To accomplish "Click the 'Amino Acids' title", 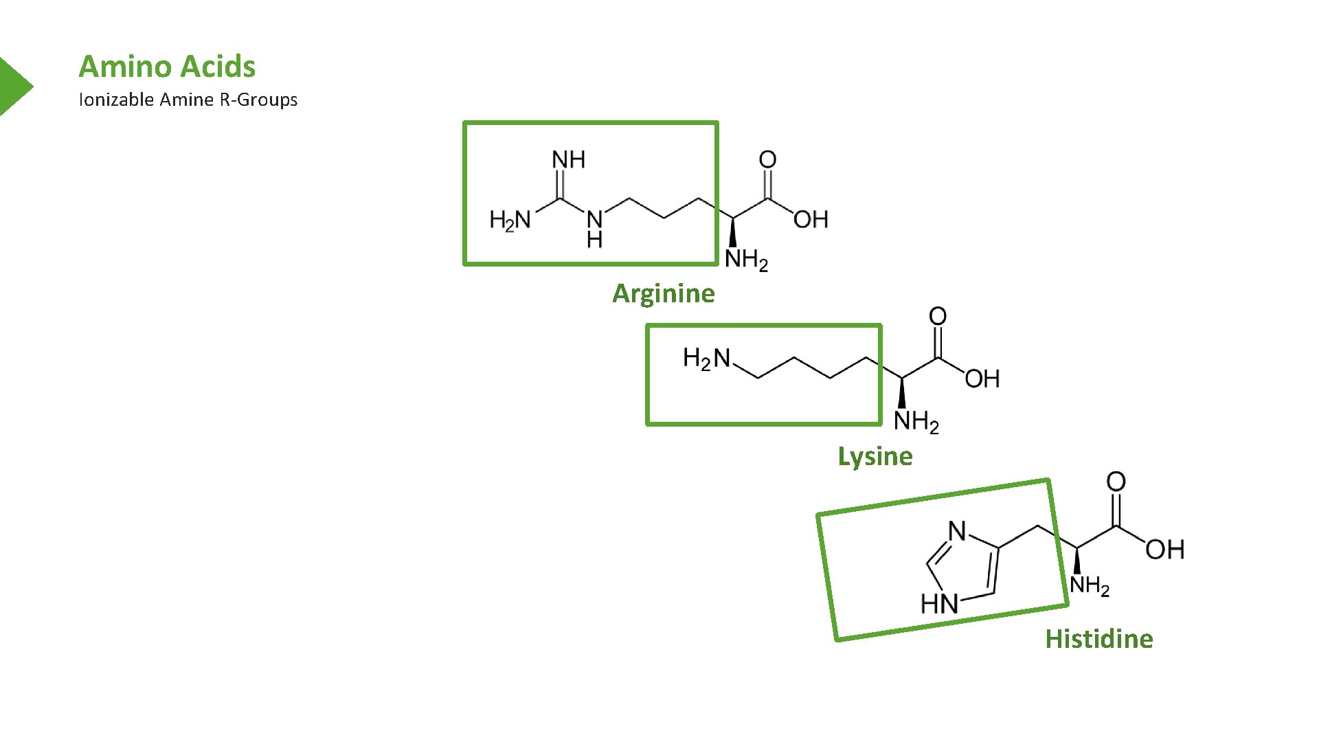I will click(x=167, y=67).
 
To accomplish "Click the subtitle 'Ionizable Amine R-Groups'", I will click(x=188, y=100).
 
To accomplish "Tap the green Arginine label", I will click(x=664, y=293).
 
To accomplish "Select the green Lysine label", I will click(x=875, y=456).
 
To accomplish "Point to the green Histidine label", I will click(x=1099, y=639).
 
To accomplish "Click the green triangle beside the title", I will click(x=14, y=87).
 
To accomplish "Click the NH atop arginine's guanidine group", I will click(x=569, y=160).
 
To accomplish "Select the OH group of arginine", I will click(x=811, y=220).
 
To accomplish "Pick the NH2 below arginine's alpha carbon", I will click(x=746, y=260).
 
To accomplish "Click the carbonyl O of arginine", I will click(x=767, y=160).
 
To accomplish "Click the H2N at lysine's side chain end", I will click(x=706, y=358).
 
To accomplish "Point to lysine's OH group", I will click(x=982, y=379).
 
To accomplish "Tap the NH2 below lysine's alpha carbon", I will click(x=916, y=420).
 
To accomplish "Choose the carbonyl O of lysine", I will click(x=938, y=317).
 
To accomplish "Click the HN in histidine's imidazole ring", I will click(x=940, y=604).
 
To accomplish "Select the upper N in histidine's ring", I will click(x=957, y=531).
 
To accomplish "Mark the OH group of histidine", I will click(x=1164, y=550).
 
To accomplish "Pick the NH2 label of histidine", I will click(x=1090, y=585).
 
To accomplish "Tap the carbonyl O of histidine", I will click(x=1116, y=482).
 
